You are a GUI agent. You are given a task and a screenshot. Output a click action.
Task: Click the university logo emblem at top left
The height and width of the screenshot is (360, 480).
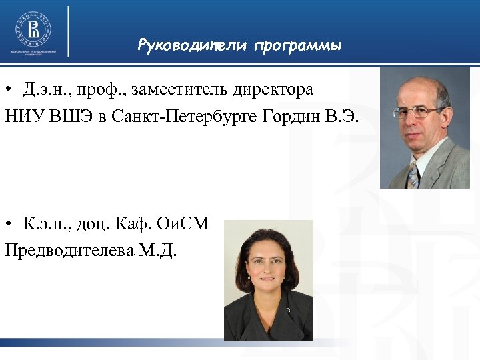pos(33,28)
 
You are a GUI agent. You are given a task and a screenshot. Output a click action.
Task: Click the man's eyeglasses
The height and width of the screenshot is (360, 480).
pos(419,112)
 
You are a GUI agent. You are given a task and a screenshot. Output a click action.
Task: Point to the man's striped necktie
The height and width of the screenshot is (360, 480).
pos(414,175)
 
